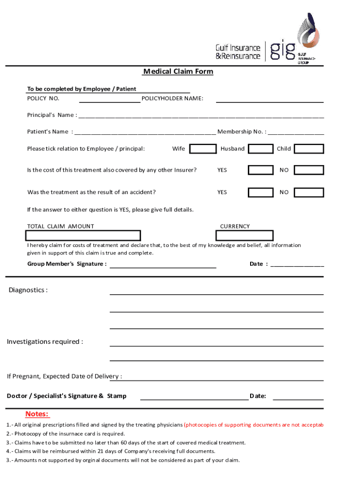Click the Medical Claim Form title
(178, 72)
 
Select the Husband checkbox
(260, 149)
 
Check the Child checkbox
(309, 149)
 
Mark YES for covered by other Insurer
(260, 170)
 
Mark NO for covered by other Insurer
(309, 170)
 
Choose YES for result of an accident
(260, 192)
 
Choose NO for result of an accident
(309, 192)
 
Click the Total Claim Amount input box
(84, 236)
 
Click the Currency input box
(246, 236)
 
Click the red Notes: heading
(37, 414)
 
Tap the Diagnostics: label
(28, 290)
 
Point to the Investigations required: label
(45, 341)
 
